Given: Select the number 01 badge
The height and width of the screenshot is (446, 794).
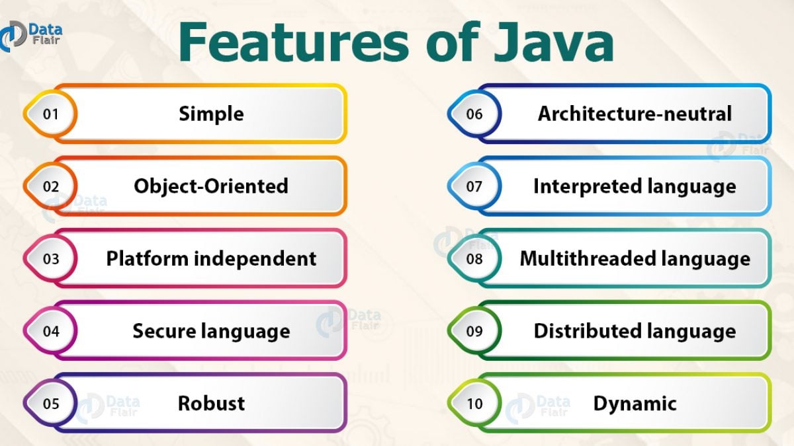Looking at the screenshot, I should (x=51, y=114).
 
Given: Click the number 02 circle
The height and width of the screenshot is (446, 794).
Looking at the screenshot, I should (x=51, y=186).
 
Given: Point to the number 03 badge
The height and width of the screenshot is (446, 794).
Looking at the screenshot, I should (x=51, y=258).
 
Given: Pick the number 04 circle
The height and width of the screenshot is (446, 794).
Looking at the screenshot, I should (x=51, y=331).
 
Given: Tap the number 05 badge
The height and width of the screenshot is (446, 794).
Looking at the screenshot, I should (x=51, y=403).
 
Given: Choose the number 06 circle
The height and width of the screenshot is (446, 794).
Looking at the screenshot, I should (x=474, y=114).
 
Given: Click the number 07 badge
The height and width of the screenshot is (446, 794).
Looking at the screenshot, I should (x=474, y=186).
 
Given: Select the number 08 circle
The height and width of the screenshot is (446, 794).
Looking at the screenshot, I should (x=474, y=258).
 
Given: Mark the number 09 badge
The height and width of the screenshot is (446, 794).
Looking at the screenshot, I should (x=474, y=331).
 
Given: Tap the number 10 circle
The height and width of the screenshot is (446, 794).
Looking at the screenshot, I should (x=474, y=403).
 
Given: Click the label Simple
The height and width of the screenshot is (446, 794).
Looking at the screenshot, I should (x=211, y=114).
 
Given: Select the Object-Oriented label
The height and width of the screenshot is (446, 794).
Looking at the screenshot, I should (x=211, y=186).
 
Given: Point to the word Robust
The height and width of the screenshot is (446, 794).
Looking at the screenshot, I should (x=211, y=403).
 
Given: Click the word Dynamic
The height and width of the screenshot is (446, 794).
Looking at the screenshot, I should (x=635, y=403).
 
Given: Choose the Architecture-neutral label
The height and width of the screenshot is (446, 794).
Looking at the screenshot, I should (x=635, y=114).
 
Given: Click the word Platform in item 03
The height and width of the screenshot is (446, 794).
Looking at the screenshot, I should (x=147, y=258).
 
